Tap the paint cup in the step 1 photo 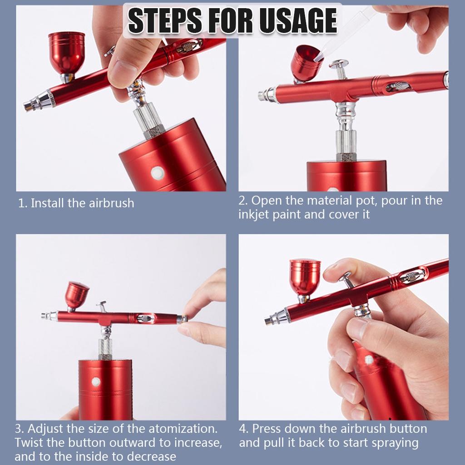(66, 56)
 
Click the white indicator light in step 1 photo (157, 173)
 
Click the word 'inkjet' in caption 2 (253, 214)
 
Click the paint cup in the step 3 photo (76, 296)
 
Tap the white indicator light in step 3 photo (95, 381)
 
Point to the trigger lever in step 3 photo (102, 307)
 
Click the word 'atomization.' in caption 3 (183, 429)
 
